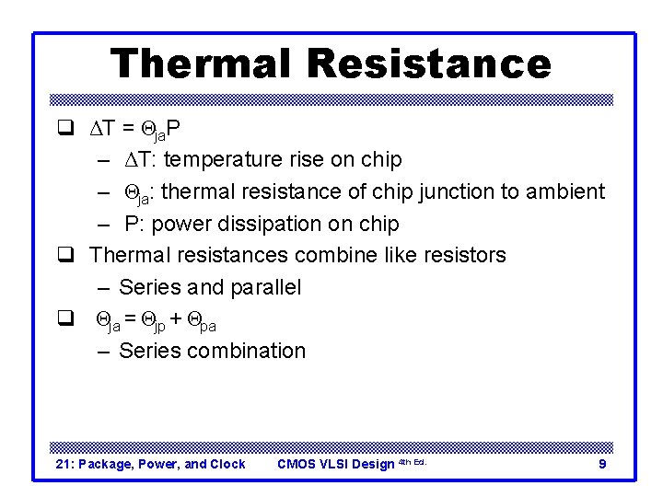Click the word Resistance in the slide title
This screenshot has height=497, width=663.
[x=429, y=64]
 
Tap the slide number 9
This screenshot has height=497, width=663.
[x=602, y=464]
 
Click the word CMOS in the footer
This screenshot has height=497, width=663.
[x=297, y=464]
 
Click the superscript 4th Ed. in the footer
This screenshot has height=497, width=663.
[x=412, y=461]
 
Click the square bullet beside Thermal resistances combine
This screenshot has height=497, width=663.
[x=65, y=255]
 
